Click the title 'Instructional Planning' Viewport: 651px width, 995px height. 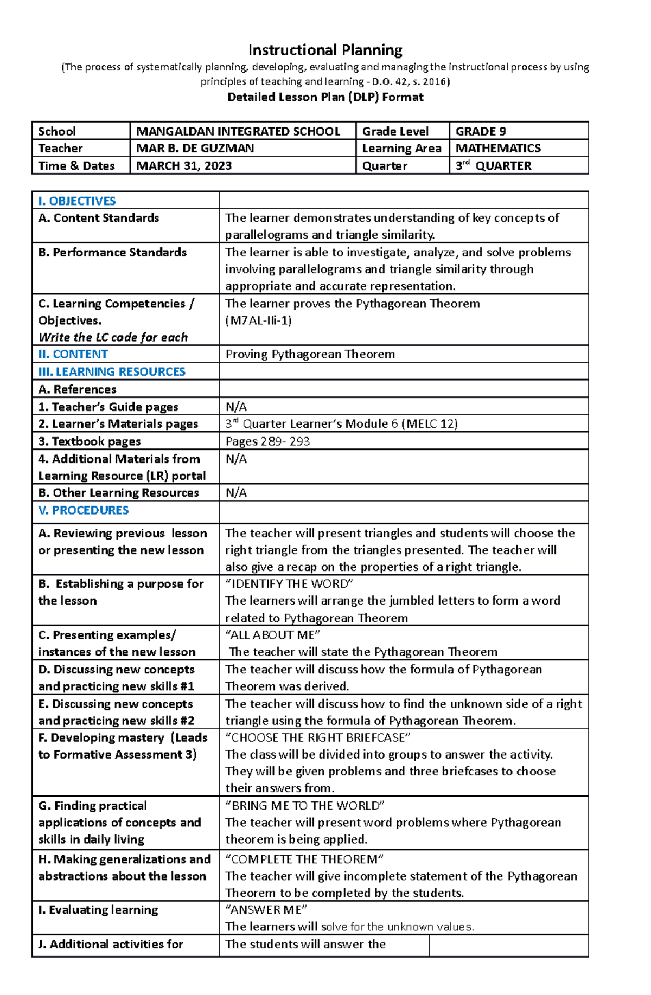tap(325, 50)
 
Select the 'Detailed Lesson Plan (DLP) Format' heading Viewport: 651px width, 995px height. tap(325, 97)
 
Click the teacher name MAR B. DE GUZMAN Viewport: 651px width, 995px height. tap(195, 148)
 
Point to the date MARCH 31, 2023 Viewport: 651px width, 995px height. tap(184, 166)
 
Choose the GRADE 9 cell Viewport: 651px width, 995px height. tap(481, 131)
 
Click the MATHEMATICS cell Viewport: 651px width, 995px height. tap(498, 148)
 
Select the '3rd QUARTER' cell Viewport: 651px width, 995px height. tap(493, 166)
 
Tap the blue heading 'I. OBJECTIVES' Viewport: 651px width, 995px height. tap(77, 201)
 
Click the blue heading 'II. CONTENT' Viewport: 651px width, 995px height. tap(73, 354)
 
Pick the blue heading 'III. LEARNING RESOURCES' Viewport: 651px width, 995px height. tap(112, 371)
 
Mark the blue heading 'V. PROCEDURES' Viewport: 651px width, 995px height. tap(84, 510)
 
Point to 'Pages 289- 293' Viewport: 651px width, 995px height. tap(267, 441)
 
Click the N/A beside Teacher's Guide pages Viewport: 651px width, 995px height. tap(236, 407)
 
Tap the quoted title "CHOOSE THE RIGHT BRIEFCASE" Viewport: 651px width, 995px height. tap(317, 737)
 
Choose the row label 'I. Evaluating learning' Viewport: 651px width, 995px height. tap(98, 910)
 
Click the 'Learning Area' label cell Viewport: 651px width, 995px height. tap(401, 148)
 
